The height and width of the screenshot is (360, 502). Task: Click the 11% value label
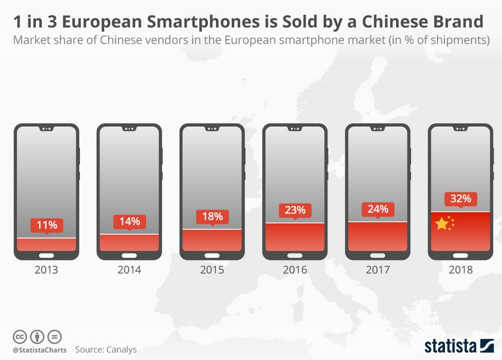click(46, 225)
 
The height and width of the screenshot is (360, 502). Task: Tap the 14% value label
click(129, 221)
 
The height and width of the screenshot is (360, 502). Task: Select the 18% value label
click(212, 217)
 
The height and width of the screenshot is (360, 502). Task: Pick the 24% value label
click(377, 209)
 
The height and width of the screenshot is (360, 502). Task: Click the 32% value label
click(461, 199)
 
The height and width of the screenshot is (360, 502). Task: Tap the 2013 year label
click(46, 270)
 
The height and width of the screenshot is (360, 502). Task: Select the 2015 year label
click(212, 270)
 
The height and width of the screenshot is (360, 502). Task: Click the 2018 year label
click(461, 270)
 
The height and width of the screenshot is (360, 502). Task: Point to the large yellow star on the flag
click(441, 224)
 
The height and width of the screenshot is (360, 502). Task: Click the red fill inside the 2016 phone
click(295, 236)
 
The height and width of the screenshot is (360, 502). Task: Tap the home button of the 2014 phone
click(129, 255)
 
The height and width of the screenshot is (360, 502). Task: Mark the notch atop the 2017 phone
click(377, 129)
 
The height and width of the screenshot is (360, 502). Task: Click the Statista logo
click(459, 345)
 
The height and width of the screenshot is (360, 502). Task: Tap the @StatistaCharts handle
click(39, 350)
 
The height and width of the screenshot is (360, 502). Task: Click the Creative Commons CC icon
click(20, 337)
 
